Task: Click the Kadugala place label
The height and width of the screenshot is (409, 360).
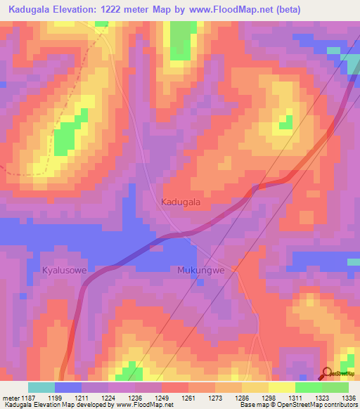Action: tap(181, 202)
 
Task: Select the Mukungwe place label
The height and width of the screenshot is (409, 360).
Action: tap(200, 270)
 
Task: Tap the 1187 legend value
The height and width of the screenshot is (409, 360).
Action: tap(28, 397)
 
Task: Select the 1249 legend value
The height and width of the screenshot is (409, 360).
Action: tap(161, 397)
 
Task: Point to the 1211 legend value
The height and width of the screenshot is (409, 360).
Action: tap(82, 397)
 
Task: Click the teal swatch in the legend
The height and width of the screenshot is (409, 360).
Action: tap(41, 387)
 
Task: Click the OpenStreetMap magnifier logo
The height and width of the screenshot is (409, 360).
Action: tap(328, 374)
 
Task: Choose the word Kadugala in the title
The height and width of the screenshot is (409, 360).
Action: tap(30, 9)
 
